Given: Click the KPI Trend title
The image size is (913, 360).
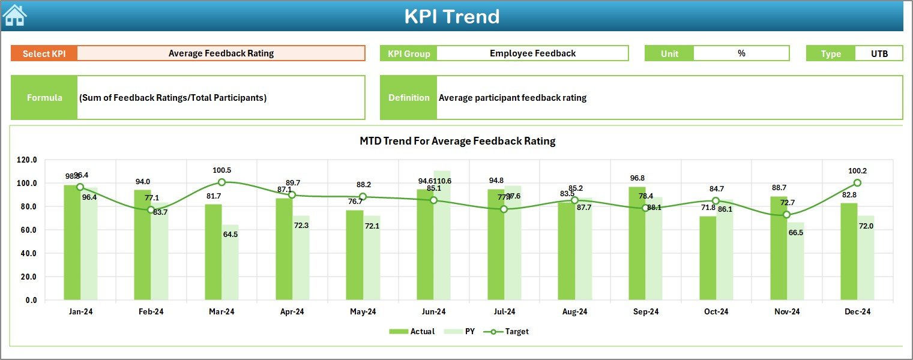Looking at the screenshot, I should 451,16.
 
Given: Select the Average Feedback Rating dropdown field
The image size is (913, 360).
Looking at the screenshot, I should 221,53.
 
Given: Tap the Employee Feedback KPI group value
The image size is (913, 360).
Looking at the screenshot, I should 532,53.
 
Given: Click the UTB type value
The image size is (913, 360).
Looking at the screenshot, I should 879,53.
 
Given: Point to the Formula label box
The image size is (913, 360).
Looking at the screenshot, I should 44,98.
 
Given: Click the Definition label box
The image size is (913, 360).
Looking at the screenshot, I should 409,98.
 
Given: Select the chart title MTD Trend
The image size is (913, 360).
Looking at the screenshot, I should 457,141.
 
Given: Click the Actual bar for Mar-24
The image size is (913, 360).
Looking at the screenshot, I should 213,252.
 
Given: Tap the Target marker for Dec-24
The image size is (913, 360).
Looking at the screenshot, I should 857,183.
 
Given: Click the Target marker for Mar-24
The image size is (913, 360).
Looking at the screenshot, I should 221,182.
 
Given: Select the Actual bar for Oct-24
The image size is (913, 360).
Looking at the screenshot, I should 708,258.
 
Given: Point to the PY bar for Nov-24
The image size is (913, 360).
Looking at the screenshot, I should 795,261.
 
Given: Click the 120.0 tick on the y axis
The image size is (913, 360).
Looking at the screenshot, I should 27,160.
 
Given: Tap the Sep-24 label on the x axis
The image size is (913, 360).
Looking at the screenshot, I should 645,312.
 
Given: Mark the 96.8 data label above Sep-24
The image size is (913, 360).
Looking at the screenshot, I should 637,178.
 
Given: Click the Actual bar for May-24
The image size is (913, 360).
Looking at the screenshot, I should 354,255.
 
